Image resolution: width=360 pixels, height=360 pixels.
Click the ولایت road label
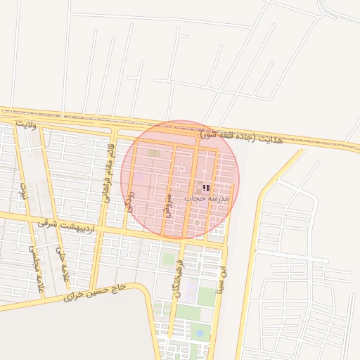click(x=25, y=124)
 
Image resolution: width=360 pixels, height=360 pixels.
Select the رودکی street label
click(x=129, y=201)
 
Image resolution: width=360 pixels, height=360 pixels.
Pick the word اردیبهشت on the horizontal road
click(x=77, y=226)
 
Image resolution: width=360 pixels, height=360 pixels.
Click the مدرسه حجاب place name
click(x=204, y=199)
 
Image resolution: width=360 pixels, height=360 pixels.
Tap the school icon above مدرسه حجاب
click(x=206, y=188)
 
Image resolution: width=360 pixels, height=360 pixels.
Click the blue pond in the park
click(x=200, y=333)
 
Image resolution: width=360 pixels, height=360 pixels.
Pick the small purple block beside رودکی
click(x=142, y=178)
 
